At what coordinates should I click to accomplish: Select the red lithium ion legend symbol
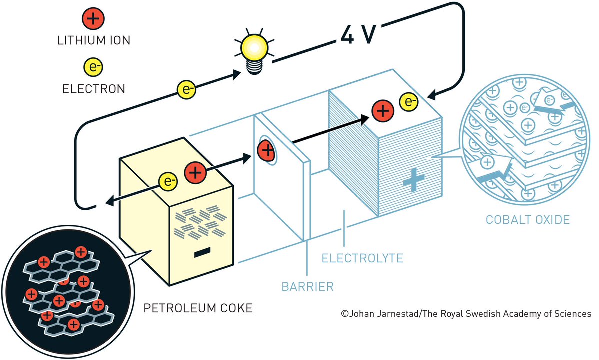(93, 20)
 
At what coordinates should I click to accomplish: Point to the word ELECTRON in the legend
(93, 89)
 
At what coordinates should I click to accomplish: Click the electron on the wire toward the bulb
(186, 90)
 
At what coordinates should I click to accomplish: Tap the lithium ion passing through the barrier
(266, 150)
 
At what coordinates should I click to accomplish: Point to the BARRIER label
(307, 287)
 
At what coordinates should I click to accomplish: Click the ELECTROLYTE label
(362, 258)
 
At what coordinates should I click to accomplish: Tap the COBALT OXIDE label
(528, 219)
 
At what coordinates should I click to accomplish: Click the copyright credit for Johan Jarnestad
(466, 314)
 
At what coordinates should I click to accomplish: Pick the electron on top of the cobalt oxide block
(409, 103)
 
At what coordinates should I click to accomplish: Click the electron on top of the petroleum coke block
(168, 182)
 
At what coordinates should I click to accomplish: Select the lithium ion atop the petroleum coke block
(195, 172)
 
